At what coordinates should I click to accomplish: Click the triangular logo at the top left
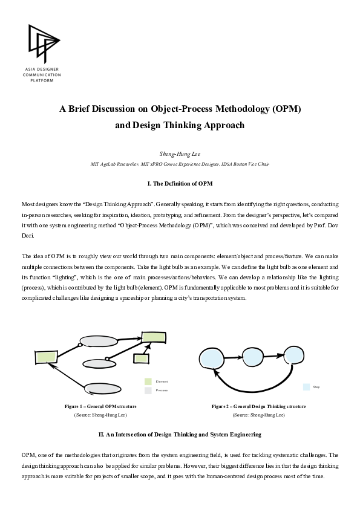pos(44,42)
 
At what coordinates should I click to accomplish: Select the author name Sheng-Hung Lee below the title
pos(180,155)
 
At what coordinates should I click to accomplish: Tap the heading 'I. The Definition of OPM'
pos(180,183)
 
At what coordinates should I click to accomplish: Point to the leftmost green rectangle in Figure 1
pos(45,356)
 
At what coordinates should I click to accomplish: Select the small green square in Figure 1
pos(141,358)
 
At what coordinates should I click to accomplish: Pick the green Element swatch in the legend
pos(148,381)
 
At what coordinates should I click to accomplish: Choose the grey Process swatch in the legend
pos(148,391)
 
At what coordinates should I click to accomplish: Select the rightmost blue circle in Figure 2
pos(293,357)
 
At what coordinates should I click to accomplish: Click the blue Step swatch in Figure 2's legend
pos(306,386)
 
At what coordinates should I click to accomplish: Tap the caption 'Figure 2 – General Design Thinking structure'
pos(258,406)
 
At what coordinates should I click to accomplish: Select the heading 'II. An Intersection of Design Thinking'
pos(180,434)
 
